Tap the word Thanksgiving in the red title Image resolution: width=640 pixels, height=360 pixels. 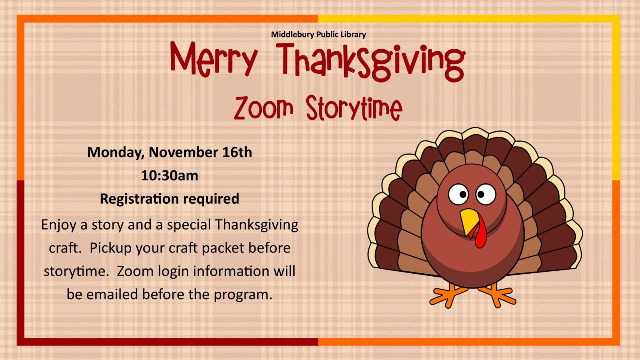click(x=371, y=61)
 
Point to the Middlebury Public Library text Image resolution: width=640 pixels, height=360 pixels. click(x=318, y=35)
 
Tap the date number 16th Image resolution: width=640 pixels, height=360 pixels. click(x=237, y=152)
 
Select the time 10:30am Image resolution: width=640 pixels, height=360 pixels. click(x=170, y=175)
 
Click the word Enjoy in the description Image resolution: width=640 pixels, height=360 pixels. click(x=59, y=225)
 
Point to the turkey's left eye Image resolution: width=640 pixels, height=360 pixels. click(x=458, y=194)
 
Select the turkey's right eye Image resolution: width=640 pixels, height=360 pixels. click(x=486, y=194)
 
